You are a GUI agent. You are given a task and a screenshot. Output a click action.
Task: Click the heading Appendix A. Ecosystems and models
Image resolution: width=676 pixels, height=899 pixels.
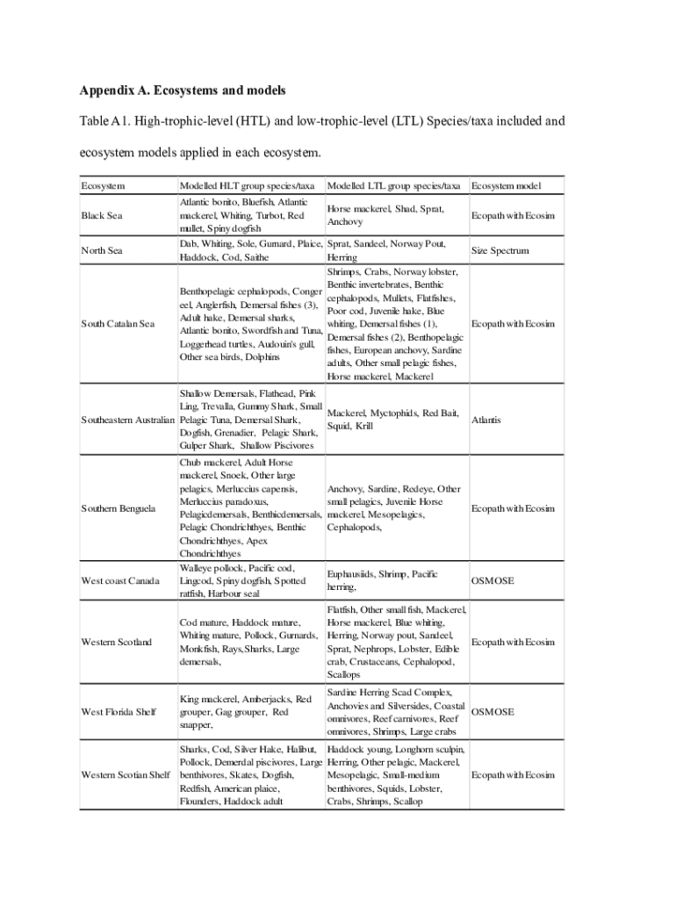coord(183,91)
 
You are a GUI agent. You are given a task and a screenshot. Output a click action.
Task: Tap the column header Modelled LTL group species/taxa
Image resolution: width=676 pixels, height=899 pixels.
coord(393,186)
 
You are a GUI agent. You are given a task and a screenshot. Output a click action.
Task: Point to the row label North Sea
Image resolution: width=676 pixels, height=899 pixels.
coord(102,251)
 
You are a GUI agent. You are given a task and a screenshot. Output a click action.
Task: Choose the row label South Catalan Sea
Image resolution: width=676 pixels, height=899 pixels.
coord(118,324)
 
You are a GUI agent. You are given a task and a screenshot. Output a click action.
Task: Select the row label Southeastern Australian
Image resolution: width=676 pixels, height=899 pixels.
coord(127,420)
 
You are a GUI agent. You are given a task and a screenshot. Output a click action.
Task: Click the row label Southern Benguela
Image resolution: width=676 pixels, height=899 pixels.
coord(119,508)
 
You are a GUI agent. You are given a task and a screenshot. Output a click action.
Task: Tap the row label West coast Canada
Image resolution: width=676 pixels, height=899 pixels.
coord(119,581)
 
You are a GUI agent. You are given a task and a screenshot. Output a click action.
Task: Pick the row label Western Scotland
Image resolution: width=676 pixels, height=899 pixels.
coord(117,642)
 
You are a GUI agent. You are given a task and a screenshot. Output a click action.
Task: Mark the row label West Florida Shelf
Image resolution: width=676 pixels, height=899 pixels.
coord(119,712)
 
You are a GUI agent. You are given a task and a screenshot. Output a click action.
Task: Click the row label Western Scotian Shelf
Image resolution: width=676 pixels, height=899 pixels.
coord(126,775)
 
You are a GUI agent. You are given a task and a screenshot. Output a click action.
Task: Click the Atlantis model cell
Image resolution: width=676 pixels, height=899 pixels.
coord(486,420)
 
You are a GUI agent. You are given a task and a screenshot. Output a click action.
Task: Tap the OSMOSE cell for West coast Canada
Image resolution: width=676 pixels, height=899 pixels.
coord(493,581)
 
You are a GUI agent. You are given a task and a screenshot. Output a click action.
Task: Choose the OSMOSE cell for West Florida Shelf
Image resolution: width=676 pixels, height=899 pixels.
coord(493,712)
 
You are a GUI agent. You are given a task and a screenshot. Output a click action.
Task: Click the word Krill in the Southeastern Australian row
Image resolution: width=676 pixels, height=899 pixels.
coord(362,427)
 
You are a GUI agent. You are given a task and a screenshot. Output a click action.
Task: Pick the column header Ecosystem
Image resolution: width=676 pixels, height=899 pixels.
coord(103,186)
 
